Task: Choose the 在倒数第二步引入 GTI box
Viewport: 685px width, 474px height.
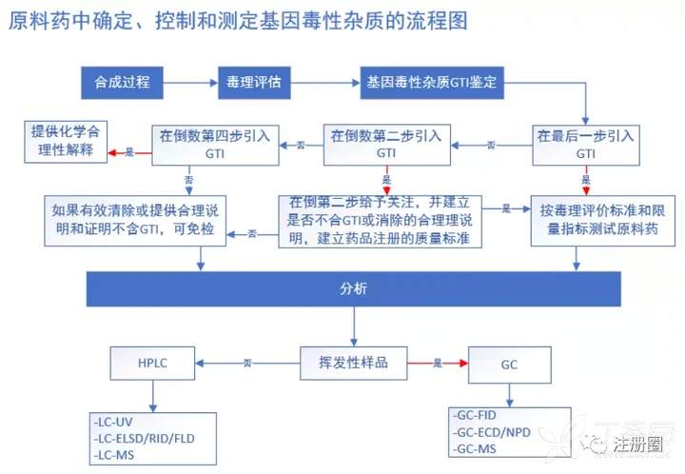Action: (386, 144)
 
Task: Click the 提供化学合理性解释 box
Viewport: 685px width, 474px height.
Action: (65, 141)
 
